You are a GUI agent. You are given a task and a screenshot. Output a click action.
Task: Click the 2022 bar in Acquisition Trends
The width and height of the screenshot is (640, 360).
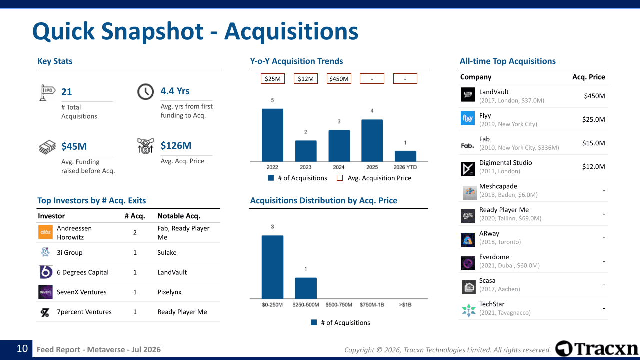[272, 135]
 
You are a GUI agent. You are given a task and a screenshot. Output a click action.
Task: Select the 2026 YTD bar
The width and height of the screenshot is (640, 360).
[405, 156]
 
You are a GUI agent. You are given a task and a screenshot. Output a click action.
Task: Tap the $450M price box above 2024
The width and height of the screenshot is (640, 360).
[339, 79]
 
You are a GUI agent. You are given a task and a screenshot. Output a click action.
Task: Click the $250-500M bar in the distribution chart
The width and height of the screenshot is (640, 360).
[306, 288]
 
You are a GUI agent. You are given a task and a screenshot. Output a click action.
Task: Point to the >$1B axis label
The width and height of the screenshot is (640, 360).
[405, 305]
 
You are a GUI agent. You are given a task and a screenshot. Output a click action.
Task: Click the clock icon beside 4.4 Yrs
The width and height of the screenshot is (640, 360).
[145, 91]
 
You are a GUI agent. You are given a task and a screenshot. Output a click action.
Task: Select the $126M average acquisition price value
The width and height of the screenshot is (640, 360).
[176, 145]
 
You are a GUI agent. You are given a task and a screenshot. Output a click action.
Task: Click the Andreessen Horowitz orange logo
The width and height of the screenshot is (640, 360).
[45, 232]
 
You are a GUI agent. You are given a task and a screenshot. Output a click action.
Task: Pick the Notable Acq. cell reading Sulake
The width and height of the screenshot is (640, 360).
[167, 252]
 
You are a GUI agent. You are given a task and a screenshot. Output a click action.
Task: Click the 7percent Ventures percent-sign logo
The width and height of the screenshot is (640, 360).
[45, 312]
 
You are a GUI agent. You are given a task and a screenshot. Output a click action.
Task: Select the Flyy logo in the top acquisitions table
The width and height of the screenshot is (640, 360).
[468, 118]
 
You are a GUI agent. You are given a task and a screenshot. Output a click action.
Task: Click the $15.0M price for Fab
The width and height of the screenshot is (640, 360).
[593, 143]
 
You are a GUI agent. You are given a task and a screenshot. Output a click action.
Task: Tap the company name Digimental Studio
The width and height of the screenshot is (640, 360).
[505, 163]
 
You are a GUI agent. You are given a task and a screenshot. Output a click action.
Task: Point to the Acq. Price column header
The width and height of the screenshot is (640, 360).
[589, 77]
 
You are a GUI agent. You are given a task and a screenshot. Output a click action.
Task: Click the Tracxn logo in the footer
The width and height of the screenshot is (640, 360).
[596, 349]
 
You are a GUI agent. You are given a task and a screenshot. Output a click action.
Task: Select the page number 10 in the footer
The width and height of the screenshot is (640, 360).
[22, 349]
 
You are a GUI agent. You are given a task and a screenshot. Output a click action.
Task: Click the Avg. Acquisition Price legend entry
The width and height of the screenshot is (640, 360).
[374, 178]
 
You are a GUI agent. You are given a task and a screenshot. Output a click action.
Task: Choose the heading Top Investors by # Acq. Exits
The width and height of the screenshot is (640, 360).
[91, 200]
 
